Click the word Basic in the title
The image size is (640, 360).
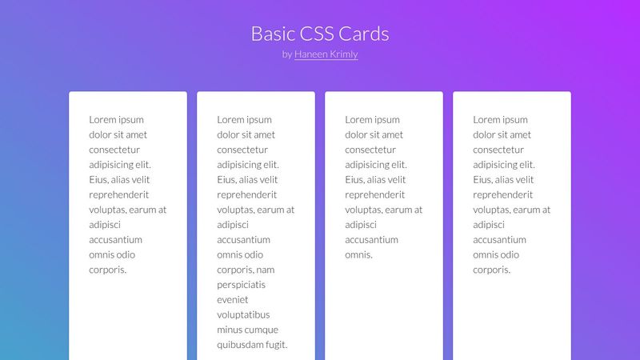click(272, 34)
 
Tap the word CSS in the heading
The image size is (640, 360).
click(323, 34)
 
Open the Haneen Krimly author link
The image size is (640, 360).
click(326, 54)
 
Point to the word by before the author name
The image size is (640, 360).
click(287, 54)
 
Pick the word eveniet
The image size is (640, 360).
click(234, 300)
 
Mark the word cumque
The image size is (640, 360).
click(262, 330)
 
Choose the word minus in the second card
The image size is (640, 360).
click(230, 330)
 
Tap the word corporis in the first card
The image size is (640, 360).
click(108, 270)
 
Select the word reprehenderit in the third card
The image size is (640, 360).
click(375, 194)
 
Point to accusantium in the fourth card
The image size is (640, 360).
click(500, 240)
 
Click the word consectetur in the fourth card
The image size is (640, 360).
click(498, 150)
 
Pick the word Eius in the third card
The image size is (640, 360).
click(355, 180)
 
